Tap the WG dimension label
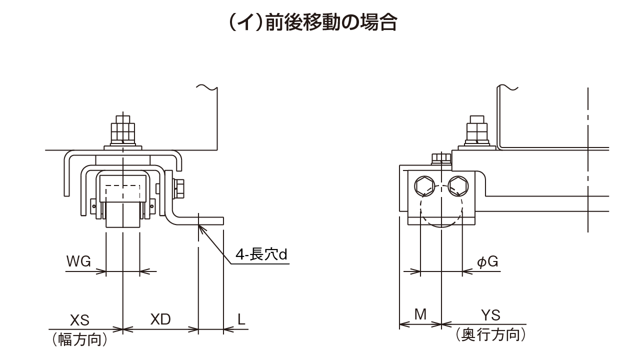(78, 261)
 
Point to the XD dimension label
(160, 319)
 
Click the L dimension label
(241, 319)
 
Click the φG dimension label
(487, 261)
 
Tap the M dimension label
(420, 314)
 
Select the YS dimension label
(490, 314)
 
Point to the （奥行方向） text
(490, 335)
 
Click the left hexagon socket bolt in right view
(423, 186)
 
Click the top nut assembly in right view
(476, 132)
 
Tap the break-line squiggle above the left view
(207, 87)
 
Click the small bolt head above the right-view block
(440, 158)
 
